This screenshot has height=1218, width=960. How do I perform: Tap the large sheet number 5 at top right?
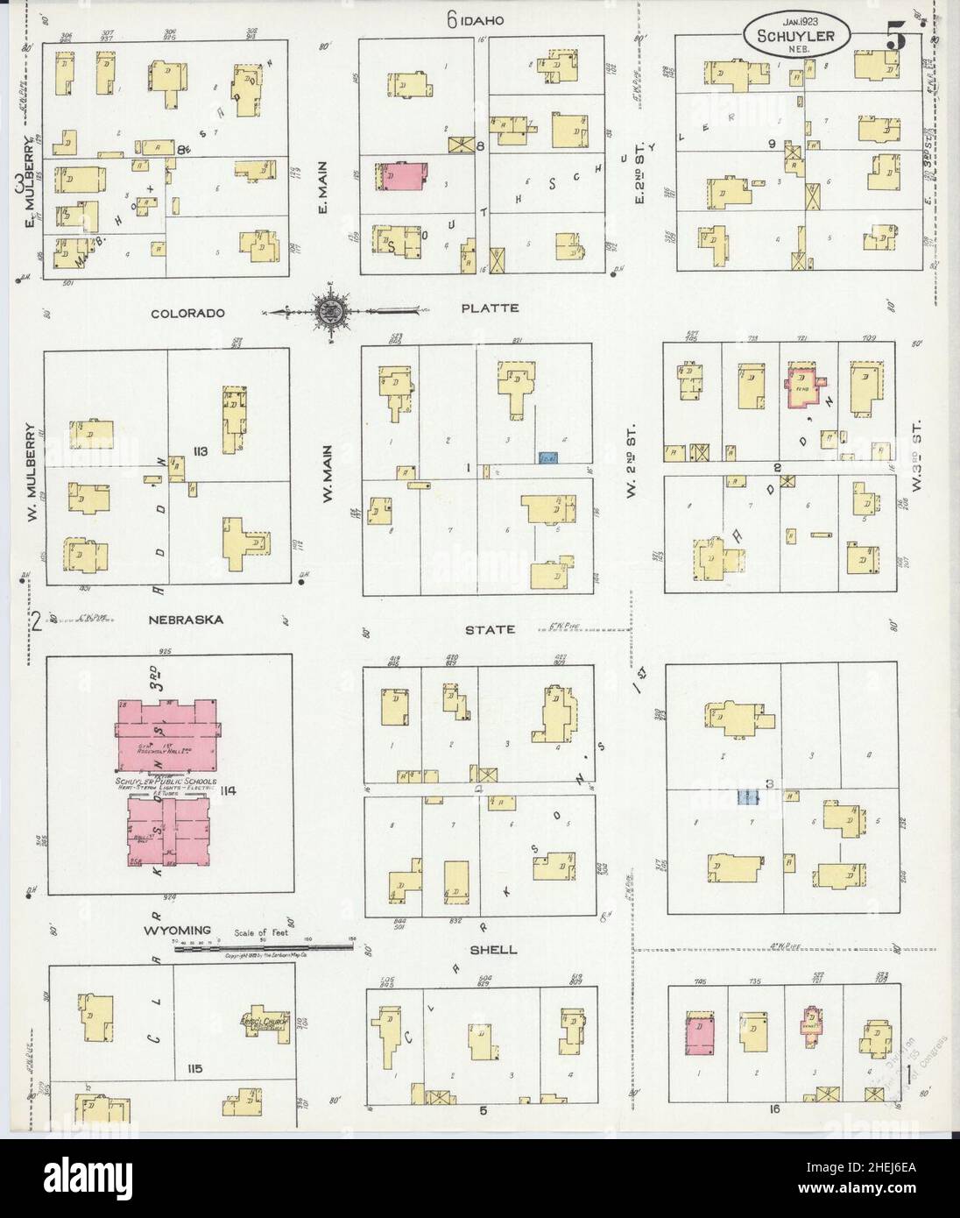895,38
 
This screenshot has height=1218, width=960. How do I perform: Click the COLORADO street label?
187,313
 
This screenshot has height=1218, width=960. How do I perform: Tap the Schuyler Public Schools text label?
170,781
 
